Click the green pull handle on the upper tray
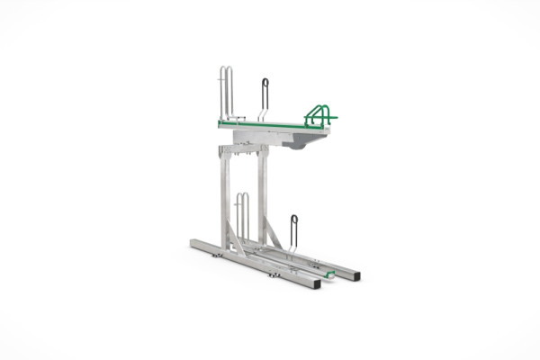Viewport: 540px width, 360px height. click(320, 114)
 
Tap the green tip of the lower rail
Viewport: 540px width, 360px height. click(330, 273)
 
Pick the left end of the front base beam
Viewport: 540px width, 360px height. click(196, 243)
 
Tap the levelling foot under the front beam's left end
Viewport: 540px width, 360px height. click(216, 256)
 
